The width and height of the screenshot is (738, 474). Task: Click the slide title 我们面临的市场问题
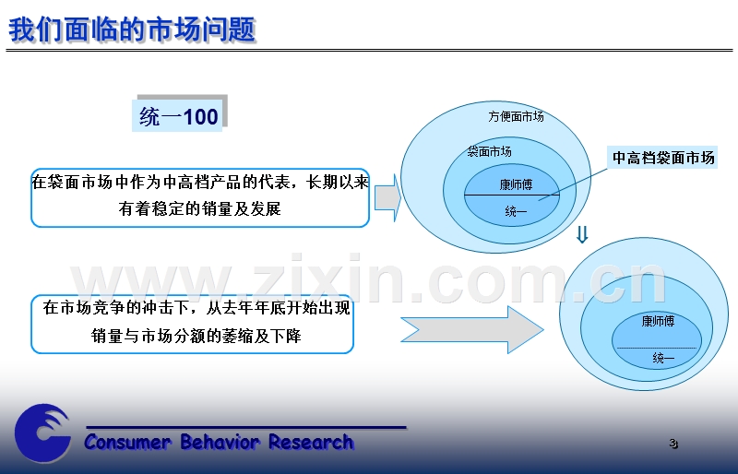(x=132, y=30)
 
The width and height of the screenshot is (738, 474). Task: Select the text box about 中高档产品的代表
(x=200, y=197)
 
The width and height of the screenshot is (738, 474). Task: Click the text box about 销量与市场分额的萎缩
(x=192, y=324)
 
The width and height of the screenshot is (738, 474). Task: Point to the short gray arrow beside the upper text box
(x=387, y=197)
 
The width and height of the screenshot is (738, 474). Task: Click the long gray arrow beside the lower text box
(x=472, y=329)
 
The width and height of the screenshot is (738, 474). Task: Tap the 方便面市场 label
(x=516, y=116)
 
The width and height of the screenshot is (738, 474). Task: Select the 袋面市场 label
(x=490, y=151)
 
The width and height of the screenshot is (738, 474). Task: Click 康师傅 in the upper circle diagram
(x=516, y=184)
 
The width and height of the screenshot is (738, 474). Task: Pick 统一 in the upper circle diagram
(x=516, y=211)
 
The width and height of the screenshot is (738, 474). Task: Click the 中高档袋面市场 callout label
(x=663, y=158)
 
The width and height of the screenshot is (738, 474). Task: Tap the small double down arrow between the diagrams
(x=582, y=234)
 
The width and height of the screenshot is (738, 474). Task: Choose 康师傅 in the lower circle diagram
(x=658, y=321)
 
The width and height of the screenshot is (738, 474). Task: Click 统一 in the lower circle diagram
(x=663, y=358)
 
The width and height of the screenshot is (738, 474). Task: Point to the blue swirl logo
(x=42, y=433)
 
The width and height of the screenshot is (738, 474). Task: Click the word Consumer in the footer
(x=127, y=442)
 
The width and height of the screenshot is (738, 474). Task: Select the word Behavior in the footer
(x=220, y=442)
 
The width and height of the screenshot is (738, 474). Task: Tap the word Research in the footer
(x=311, y=442)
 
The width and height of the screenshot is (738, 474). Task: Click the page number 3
(x=673, y=444)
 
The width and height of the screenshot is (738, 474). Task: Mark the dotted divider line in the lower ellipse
(x=657, y=348)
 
